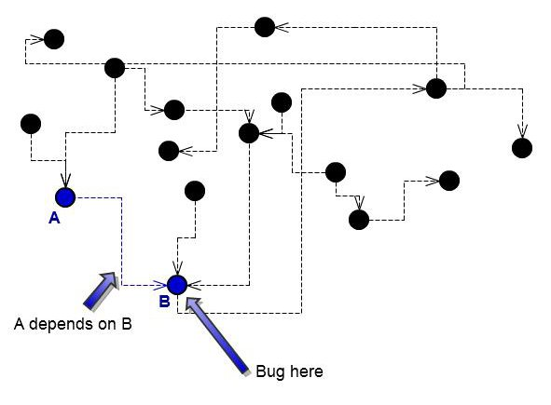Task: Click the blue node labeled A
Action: (x=65, y=197)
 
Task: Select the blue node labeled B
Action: (x=177, y=285)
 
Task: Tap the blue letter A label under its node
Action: (x=54, y=218)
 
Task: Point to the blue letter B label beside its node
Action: (x=164, y=301)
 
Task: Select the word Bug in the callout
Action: (x=270, y=371)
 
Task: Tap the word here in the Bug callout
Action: (x=307, y=371)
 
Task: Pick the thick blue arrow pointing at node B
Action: (x=217, y=336)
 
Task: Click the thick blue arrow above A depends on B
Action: (x=101, y=290)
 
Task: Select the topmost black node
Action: (x=265, y=27)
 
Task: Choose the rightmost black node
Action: (x=522, y=148)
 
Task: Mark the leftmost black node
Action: (x=31, y=124)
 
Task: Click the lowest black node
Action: (x=359, y=220)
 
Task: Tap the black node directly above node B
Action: (x=195, y=191)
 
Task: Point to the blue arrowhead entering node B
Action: (x=160, y=285)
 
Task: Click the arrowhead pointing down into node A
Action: (x=65, y=181)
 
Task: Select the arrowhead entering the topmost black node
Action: (x=282, y=27)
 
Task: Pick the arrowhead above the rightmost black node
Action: (x=522, y=131)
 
